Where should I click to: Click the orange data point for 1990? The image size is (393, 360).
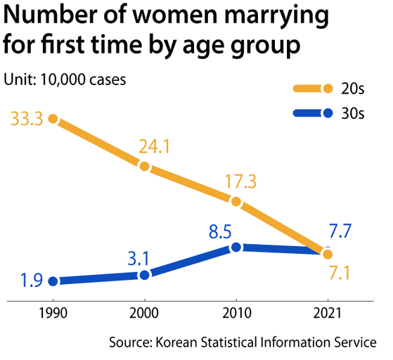click(x=53, y=119)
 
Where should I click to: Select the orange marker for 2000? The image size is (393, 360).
click(x=144, y=167)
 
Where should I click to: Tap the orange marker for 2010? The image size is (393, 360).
click(x=236, y=202)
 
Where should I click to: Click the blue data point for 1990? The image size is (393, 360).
click(x=53, y=281)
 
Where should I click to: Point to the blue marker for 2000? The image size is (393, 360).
click(x=144, y=275)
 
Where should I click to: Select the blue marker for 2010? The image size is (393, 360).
click(x=236, y=247)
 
